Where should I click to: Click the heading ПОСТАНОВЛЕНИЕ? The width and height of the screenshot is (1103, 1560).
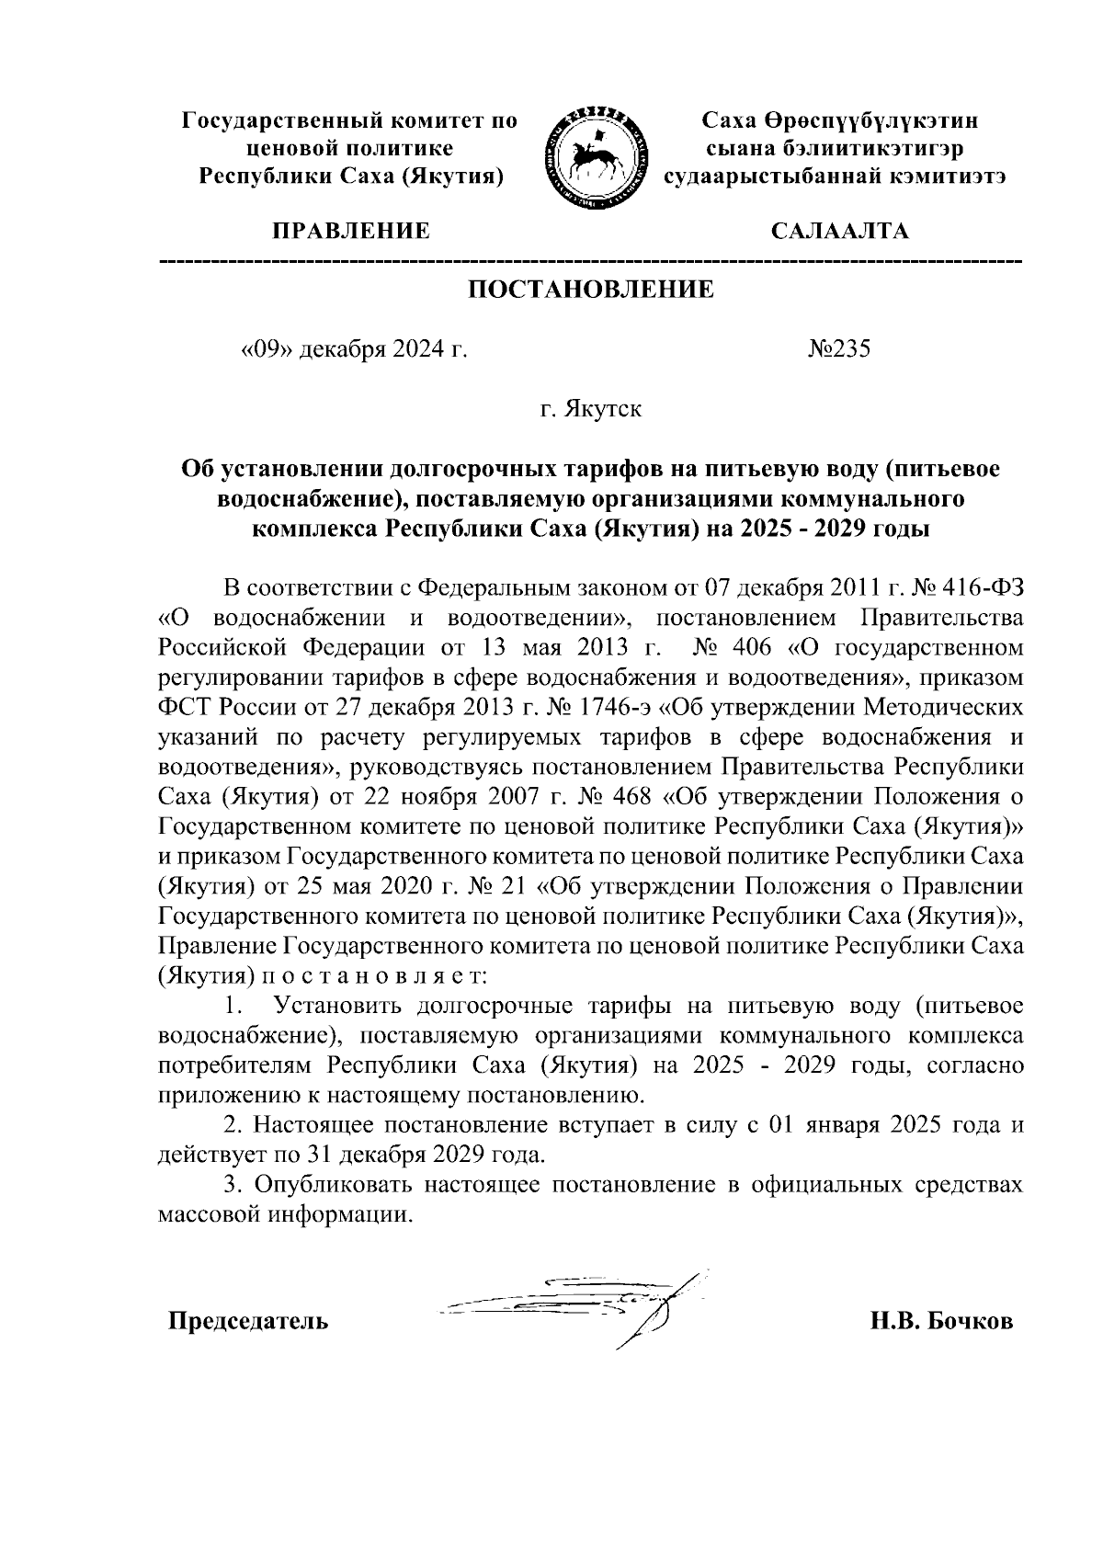(591, 290)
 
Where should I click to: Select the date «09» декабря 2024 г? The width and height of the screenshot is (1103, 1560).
(354, 349)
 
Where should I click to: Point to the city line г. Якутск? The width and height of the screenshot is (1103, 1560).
(591, 408)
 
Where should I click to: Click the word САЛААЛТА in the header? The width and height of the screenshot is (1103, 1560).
(839, 231)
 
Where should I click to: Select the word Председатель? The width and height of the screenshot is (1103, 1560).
(247, 1322)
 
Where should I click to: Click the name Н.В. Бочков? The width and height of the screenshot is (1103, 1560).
(942, 1322)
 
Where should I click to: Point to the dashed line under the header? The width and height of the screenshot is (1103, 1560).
(591, 263)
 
